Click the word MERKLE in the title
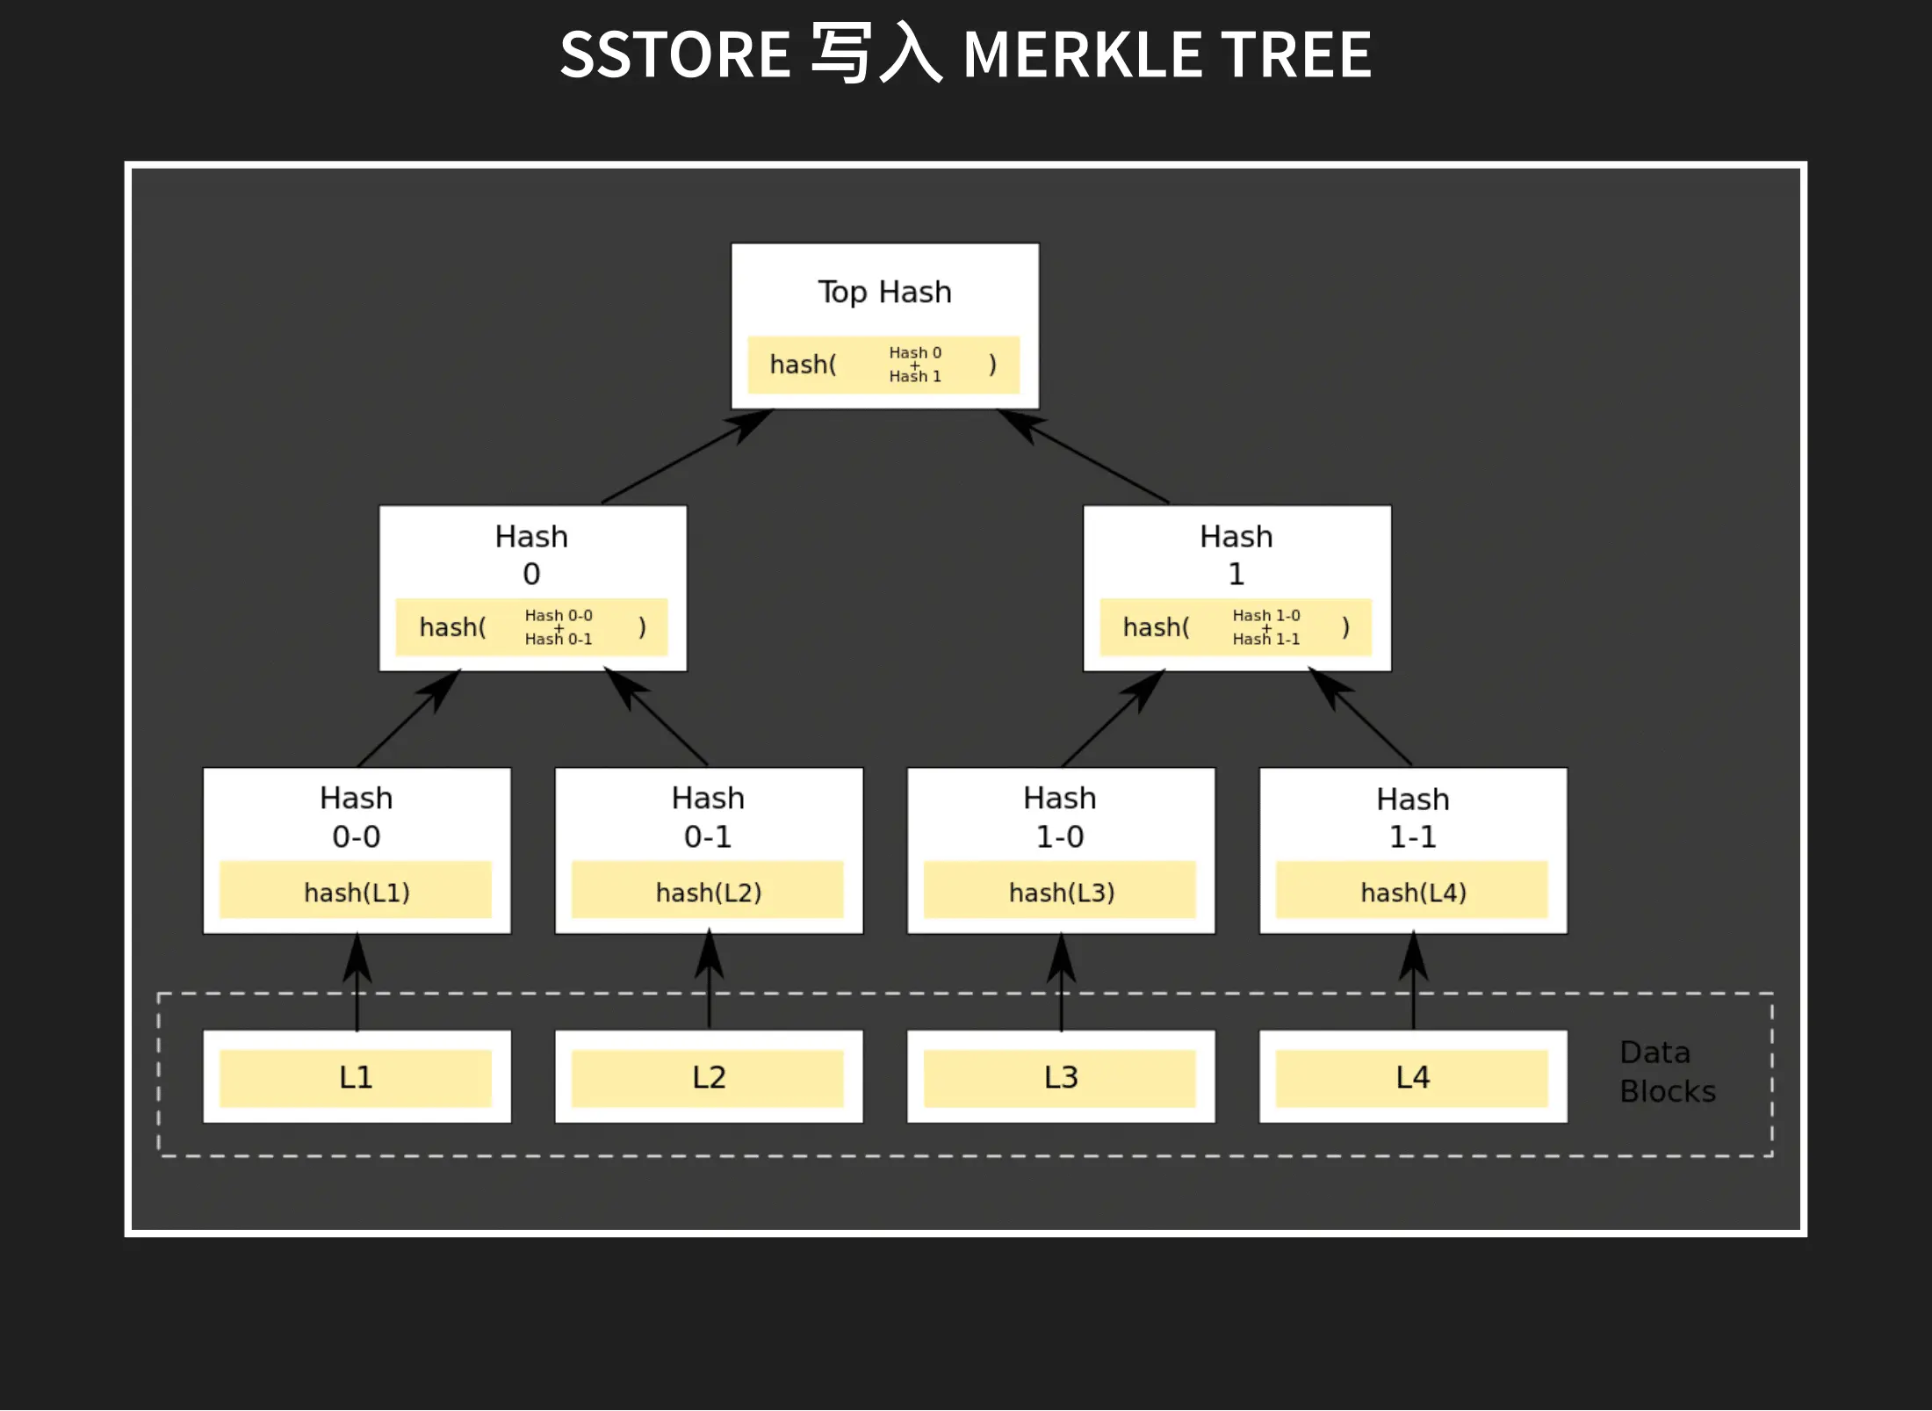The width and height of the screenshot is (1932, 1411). pos(1082,54)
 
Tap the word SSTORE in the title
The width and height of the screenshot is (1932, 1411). pos(675,54)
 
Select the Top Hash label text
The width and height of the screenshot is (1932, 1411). pos(884,292)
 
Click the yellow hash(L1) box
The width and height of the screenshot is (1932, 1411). pos(356,891)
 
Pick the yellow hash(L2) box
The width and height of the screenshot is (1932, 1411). pos(708,891)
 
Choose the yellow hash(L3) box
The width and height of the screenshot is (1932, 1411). pos(1061,891)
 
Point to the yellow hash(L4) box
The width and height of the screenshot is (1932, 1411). pos(1412,891)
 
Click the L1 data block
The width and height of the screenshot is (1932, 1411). pos(356,1077)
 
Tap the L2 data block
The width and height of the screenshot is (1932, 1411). pos(708,1077)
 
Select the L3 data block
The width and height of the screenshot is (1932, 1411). pos(1061,1077)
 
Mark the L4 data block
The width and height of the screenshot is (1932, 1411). pos(1412,1077)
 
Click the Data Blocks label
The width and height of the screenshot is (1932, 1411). pos(1666,1072)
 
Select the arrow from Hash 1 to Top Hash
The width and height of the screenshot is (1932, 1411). pos(1085,457)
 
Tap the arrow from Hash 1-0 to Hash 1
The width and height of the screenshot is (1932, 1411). pos(1114,717)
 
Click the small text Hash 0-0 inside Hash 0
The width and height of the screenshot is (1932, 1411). pos(559,615)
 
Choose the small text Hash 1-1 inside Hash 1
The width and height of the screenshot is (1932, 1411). pos(1265,640)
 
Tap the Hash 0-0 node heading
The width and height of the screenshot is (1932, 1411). pos(356,816)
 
